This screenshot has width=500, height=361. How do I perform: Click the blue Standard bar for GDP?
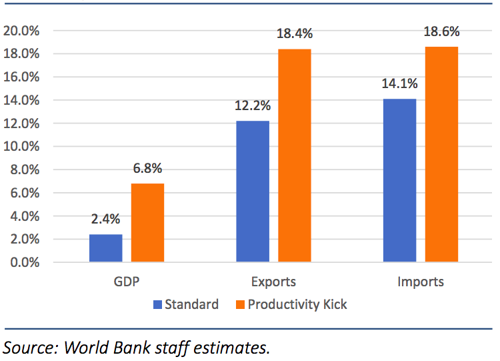pos(105,248)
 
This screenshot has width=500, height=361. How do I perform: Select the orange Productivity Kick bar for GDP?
pos(147,223)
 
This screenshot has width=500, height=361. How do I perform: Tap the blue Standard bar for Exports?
pos(253,192)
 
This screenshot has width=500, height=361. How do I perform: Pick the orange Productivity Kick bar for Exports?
pos(295,155)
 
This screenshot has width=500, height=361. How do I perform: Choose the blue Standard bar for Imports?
pos(400,180)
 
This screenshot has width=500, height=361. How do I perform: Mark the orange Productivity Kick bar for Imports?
pos(442,154)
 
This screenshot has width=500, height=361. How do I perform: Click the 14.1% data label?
pos(399,85)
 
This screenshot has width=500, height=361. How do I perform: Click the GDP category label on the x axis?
pos(127,282)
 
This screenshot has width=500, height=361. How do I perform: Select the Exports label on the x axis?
pos(274,282)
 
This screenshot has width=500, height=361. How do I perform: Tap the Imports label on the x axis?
pos(421,282)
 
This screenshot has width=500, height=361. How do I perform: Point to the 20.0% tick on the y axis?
pos(22,31)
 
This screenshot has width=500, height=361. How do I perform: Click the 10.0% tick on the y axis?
pos(22,146)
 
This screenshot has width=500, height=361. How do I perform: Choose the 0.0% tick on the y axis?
pos(25,262)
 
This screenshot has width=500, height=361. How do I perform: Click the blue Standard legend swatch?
pos(158,305)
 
